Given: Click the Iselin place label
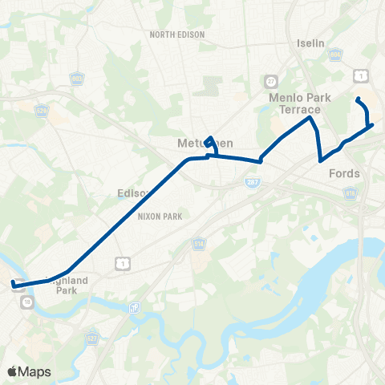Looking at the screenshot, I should point(310,43).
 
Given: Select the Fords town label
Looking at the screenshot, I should point(344,173).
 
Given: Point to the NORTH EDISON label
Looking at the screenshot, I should point(177,35).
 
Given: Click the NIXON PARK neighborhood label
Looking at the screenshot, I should point(160,217).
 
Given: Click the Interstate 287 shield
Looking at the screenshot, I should point(251,184).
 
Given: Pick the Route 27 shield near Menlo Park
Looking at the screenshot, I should point(270,81).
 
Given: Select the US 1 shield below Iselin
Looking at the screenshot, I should point(363,75).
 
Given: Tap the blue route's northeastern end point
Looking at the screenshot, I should point(358,99).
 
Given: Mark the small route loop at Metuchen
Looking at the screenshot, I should point(210,143).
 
